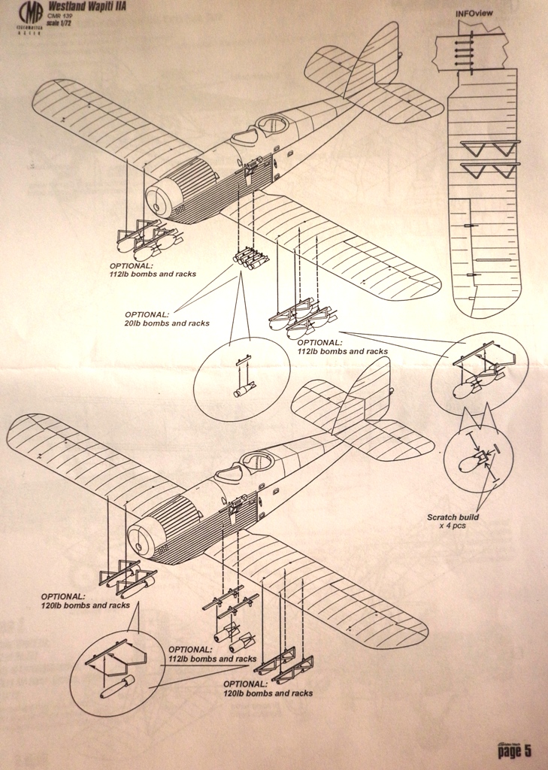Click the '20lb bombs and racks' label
pos(167,319)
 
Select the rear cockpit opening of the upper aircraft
pos(272,124)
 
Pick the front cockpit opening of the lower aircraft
pos(229,474)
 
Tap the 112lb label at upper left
pos(153,270)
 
